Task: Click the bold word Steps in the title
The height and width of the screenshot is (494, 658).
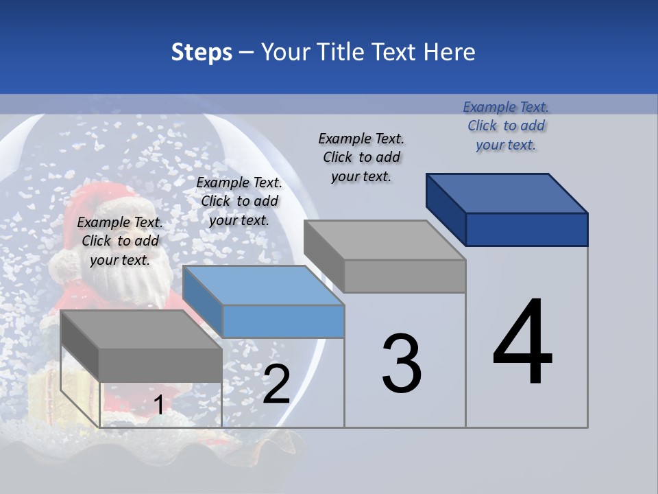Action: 202,52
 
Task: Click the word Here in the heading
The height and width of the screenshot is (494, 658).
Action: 450,52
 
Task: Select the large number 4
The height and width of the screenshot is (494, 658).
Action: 522,343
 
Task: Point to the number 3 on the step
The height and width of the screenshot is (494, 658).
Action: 402,364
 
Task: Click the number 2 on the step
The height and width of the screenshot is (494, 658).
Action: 276,384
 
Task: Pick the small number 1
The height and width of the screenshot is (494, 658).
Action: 158,405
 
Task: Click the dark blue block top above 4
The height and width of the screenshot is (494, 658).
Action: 507,193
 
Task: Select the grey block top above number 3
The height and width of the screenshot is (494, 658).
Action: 385,240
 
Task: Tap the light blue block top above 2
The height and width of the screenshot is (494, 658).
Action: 263,285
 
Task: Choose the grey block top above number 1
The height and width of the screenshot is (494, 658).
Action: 141,329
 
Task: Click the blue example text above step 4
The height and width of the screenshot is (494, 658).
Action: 506,126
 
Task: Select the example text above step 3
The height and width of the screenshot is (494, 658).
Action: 361,157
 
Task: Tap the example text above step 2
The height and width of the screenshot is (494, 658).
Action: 239,201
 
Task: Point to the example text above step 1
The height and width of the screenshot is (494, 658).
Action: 120,241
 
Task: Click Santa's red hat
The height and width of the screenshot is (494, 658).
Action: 96,206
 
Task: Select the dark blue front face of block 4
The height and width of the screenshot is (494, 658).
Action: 526,229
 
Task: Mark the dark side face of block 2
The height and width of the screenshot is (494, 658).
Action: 203,302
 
